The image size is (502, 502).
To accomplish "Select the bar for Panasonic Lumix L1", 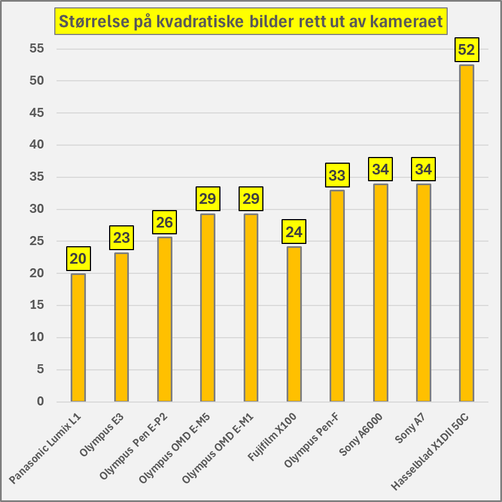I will tap(78, 338).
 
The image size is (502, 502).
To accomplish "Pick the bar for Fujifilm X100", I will tap(294, 324).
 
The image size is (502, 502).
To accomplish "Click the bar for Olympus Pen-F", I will tap(337, 296).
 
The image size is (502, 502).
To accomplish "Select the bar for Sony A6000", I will tap(380, 293).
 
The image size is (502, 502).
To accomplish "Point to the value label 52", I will tap(466, 50).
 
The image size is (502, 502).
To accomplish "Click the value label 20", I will tap(78, 259).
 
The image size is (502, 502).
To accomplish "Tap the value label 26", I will tap(165, 222).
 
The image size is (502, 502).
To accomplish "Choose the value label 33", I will tap(337, 176).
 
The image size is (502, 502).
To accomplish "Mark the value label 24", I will tap(294, 232).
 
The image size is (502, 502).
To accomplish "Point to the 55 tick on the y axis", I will tap(37, 49).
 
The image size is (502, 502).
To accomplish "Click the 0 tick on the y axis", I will tap(40, 401).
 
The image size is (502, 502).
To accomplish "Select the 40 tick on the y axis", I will tap(37, 145).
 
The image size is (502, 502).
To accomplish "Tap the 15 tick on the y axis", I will tap(37, 305).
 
